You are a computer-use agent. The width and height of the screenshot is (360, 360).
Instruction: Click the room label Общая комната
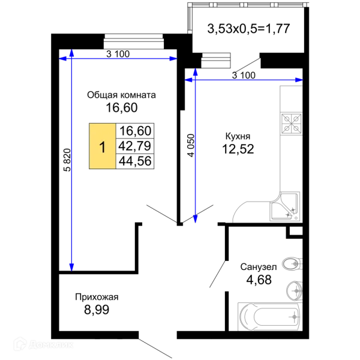pyautogui.click(x=121, y=95)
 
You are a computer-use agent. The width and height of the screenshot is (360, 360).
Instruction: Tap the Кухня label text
pyautogui.click(x=238, y=136)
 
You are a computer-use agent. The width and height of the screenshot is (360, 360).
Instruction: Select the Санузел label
pyautogui.click(x=259, y=267)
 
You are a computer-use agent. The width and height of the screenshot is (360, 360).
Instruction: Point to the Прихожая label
pyautogui.click(x=97, y=297)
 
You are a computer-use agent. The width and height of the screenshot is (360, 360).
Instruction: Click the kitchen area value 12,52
pyautogui.click(x=238, y=149)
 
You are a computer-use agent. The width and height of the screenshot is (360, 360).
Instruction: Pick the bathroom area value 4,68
pyautogui.click(x=259, y=280)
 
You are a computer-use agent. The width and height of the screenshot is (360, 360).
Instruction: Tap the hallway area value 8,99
pyautogui.click(x=97, y=310)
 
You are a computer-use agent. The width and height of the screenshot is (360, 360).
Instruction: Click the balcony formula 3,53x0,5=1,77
pyautogui.click(x=248, y=29)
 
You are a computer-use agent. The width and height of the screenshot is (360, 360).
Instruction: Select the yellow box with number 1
pyautogui.click(x=103, y=146)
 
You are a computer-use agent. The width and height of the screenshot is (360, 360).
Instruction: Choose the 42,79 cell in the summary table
pyautogui.click(x=135, y=146)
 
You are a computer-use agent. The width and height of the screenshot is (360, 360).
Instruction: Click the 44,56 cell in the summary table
pyautogui.click(x=135, y=161)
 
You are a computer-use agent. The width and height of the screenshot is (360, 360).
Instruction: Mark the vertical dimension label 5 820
pyautogui.click(x=67, y=160)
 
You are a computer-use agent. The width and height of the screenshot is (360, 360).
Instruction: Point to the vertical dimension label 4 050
pyautogui.click(x=191, y=146)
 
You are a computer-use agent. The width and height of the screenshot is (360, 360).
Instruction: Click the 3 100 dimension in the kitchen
pyautogui.click(x=244, y=75)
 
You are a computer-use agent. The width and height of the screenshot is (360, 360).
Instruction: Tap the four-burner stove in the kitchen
pyautogui.click(x=292, y=124)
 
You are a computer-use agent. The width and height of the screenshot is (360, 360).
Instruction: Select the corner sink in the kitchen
pyautogui.click(x=284, y=206)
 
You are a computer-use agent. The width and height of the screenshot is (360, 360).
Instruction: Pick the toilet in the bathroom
pyautogui.click(x=292, y=263)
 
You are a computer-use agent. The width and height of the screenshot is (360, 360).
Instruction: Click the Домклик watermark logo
pyautogui.click(x=43, y=344)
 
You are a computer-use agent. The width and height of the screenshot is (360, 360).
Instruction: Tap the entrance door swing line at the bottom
pyautogui.click(x=155, y=348)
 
